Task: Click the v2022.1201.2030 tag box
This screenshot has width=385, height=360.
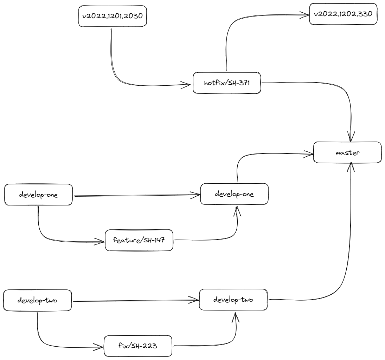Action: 112,16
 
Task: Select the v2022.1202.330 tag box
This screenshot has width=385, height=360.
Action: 343,14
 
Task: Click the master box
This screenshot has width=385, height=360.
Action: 347,152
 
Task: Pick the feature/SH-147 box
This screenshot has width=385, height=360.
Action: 139,241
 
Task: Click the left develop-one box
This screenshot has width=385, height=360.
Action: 38,194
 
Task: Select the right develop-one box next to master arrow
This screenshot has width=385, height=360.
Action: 234,194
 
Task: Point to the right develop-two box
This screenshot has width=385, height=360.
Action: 233,300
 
